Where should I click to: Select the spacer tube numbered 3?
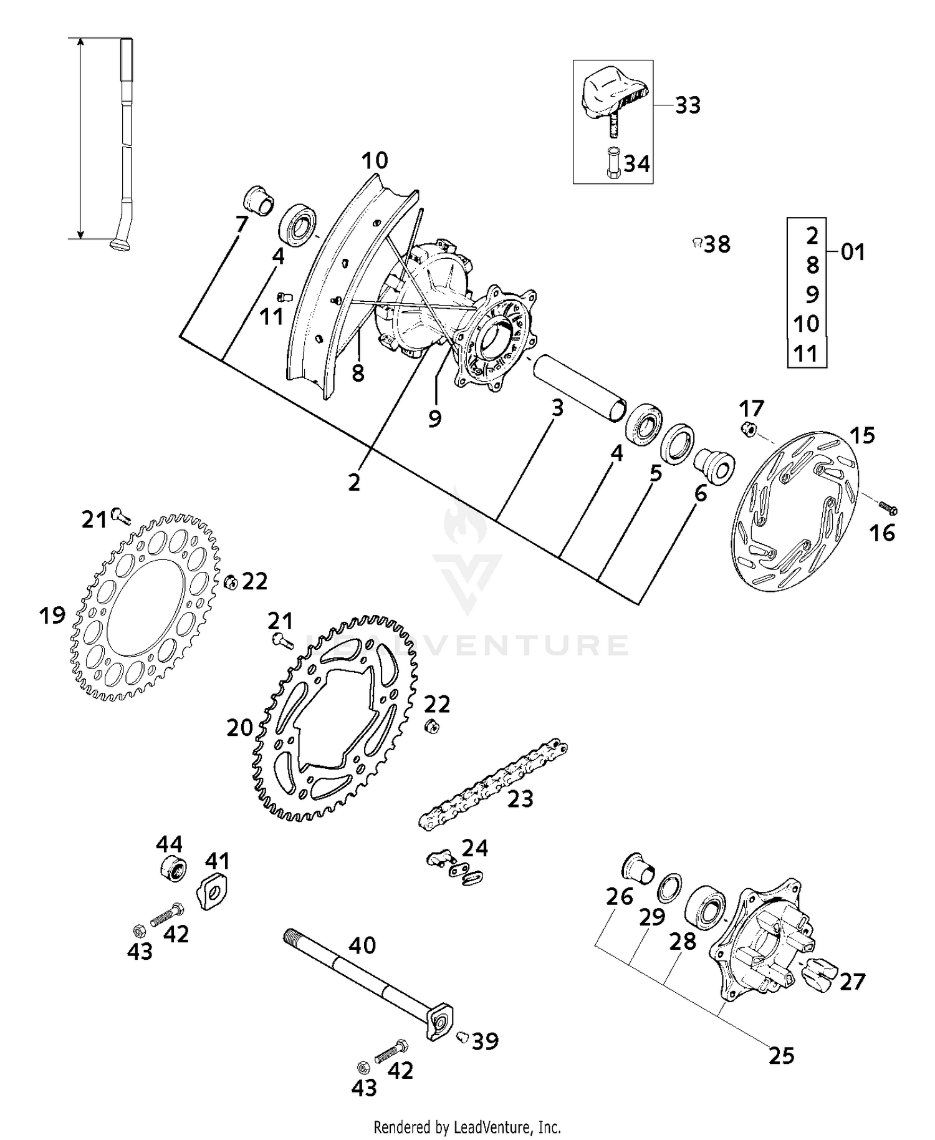tap(578, 388)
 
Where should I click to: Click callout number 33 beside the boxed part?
tap(688, 105)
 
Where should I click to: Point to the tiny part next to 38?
tap(698, 243)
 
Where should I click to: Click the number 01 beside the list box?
tap(853, 253)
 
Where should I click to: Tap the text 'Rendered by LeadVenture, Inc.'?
tap(467, 1127)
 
